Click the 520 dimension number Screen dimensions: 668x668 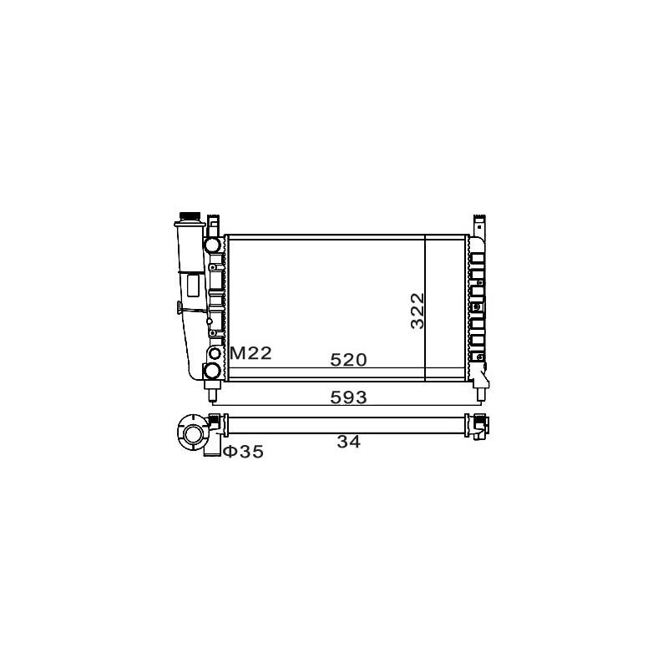tap(348, 360)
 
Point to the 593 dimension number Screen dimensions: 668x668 tap(348, 397)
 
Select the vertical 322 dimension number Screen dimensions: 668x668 tap(418, 311)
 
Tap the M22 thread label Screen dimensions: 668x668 tap(250, 353)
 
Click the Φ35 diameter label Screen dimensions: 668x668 tap(244, 452)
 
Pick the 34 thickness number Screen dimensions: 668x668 tap(348, 442)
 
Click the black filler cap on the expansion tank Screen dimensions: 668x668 tap(190, 216)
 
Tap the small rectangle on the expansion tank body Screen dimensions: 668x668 tap(194, 286)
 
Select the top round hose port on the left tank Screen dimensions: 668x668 tap(212, 245)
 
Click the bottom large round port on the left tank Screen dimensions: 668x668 tap(212, 370)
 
